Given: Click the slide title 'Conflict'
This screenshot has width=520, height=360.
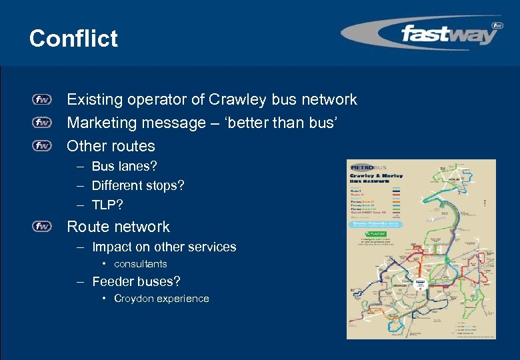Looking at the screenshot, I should (73, 38).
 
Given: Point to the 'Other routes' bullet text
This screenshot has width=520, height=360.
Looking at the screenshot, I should (111, 146).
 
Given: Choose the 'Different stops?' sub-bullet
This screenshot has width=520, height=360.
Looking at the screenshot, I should (137, 185).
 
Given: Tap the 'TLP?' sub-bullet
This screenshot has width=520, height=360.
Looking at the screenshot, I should (107, 204).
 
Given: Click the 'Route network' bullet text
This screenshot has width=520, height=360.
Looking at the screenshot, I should (118, 227).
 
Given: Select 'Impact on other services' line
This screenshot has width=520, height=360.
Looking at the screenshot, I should (163, 247).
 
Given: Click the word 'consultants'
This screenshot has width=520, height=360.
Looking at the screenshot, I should (140, 264).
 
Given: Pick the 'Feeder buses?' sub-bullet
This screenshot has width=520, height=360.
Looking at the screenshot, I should (136, 282).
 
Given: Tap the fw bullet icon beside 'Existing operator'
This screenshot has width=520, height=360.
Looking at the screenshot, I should (41, 100).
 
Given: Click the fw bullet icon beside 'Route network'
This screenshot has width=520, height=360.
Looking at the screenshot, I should (41, 227).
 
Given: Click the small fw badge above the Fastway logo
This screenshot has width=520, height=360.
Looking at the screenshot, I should (497, 26).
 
